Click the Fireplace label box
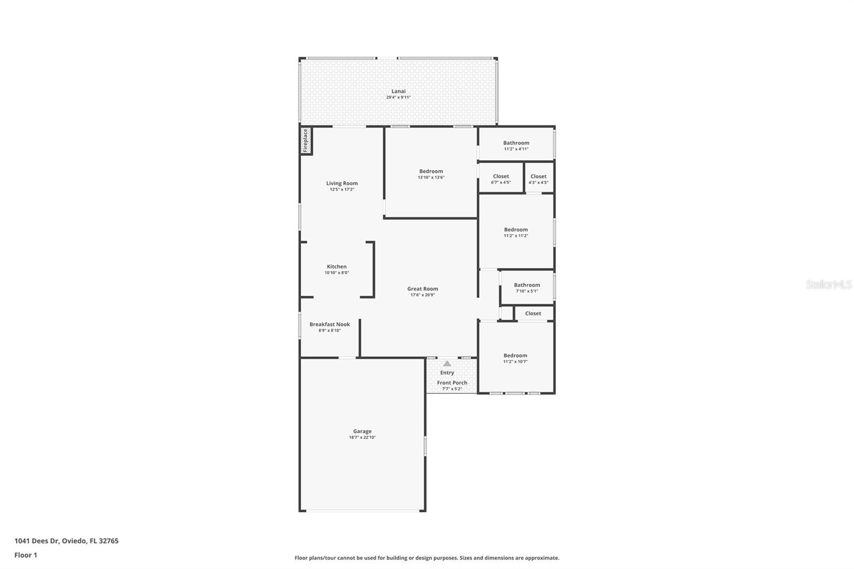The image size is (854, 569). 306,141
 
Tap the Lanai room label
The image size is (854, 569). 398,91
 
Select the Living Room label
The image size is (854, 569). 342,183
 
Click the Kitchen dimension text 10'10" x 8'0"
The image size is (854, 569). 337,273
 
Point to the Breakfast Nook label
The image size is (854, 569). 330,324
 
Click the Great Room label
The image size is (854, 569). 423,289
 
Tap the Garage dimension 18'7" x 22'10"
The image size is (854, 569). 362,437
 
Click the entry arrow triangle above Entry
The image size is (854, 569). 447,363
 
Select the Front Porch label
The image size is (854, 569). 452,383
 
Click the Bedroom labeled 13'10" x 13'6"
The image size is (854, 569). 431,171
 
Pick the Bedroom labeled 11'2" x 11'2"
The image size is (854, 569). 516,230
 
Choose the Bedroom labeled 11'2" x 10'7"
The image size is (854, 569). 515,355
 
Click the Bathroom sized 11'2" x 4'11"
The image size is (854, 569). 516,143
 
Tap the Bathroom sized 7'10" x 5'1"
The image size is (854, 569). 527,285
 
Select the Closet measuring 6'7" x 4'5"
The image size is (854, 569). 501,176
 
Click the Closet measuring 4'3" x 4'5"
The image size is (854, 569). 538,176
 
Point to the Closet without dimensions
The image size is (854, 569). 533,313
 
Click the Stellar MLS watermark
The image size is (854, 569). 828,284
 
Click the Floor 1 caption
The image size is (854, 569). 26,555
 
